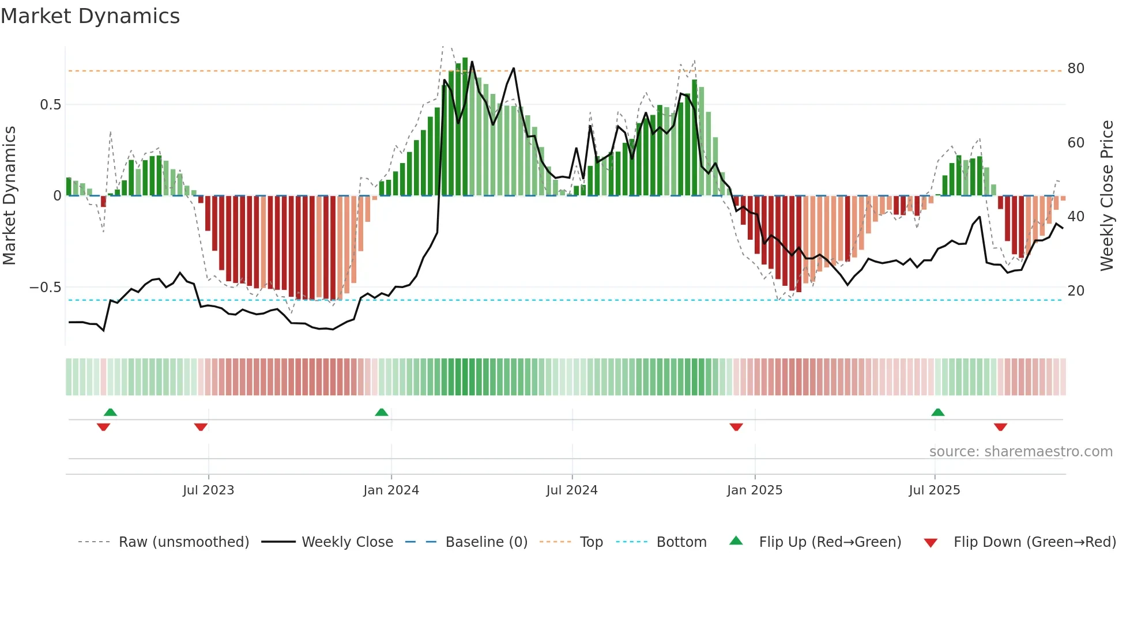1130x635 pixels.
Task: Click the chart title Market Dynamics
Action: tap(90, 16)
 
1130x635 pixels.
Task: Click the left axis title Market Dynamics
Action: tap(9, 195)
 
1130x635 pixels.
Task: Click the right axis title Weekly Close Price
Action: tap(1106, 195)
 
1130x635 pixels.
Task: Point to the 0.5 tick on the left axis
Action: tap(50, 105)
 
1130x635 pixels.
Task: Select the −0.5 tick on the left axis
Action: tap(45, 288)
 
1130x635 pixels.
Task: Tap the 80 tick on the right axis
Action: tap(1076, 69)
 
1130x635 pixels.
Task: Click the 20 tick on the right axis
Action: tap(1076, 291)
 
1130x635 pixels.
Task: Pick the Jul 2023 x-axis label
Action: tap(208, 490)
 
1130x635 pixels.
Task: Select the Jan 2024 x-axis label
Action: tap(391, 490)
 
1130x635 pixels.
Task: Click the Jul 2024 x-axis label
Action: tap(571, 490)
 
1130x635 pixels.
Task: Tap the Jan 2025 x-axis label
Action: tap(754, 490)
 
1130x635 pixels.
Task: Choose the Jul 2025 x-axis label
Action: tap(934, 490)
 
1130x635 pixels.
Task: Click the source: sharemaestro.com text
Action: tap(1020, 452)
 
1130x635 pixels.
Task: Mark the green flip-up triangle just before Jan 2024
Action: tap(381, 412)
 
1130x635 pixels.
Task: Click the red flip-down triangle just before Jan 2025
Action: tap(736, 427)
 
